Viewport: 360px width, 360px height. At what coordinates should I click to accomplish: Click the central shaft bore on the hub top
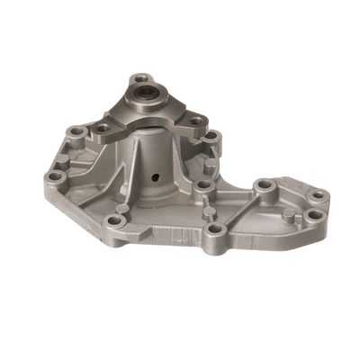pos(142,94)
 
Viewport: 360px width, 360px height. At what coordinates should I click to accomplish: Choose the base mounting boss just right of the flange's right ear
pos(212,137)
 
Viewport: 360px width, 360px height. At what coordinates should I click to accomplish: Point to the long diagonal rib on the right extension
pos(238,209)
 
